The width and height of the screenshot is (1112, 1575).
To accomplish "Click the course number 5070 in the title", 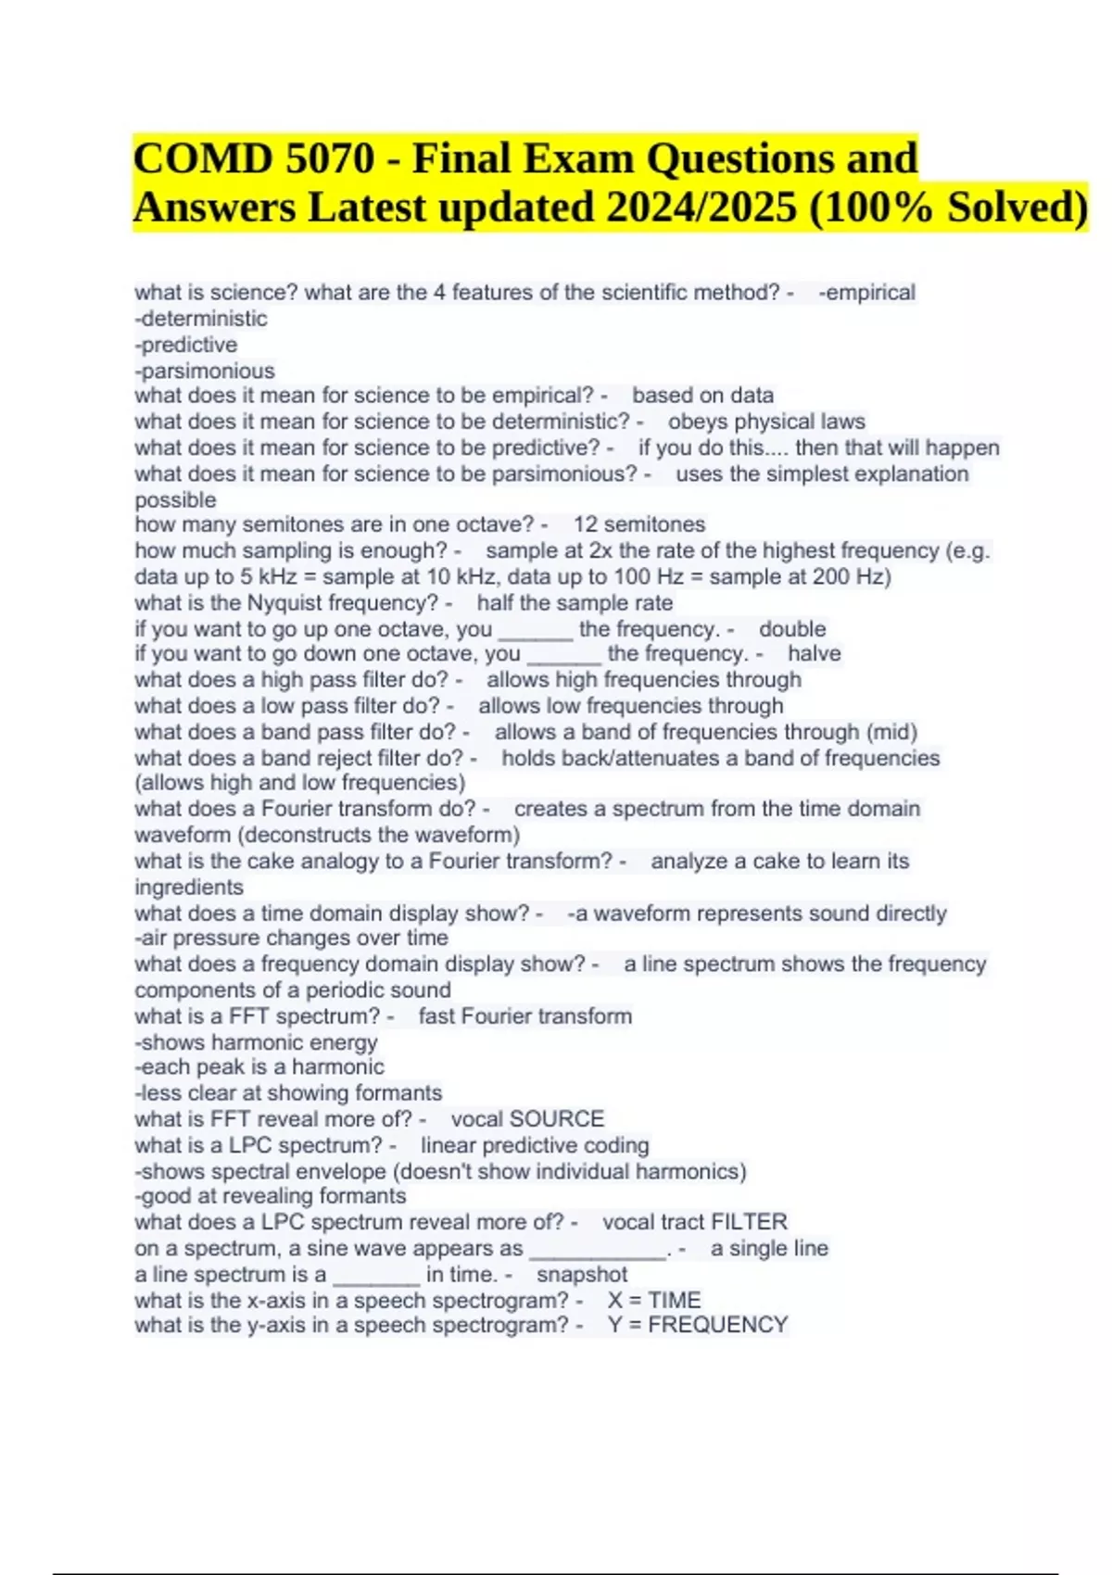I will (x=331, y=158).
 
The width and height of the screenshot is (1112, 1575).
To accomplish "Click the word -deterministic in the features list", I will (x=201, y=319).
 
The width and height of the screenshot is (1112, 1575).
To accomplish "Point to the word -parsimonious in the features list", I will (x=205, y=371).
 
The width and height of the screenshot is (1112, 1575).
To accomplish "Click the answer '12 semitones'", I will (x=639, y=524).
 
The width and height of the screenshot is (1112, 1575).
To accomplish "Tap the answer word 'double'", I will (x=792, y=629).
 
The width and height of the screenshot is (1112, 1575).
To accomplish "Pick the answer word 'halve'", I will (x=815, y=653).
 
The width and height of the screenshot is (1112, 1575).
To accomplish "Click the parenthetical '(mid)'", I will (x=891, y=732).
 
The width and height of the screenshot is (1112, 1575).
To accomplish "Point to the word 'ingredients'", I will (x=189, y=887).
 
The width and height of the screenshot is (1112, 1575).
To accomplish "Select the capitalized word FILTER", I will (x=749, y=1222).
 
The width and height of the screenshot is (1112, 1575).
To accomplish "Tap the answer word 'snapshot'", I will (x=582, y=1275).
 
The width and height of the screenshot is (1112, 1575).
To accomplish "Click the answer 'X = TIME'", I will (x=654, y=1300).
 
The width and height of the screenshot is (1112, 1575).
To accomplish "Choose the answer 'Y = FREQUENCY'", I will (x=698, y=1325).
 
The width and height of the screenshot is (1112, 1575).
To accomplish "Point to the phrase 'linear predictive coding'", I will (x=535, y=1145).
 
